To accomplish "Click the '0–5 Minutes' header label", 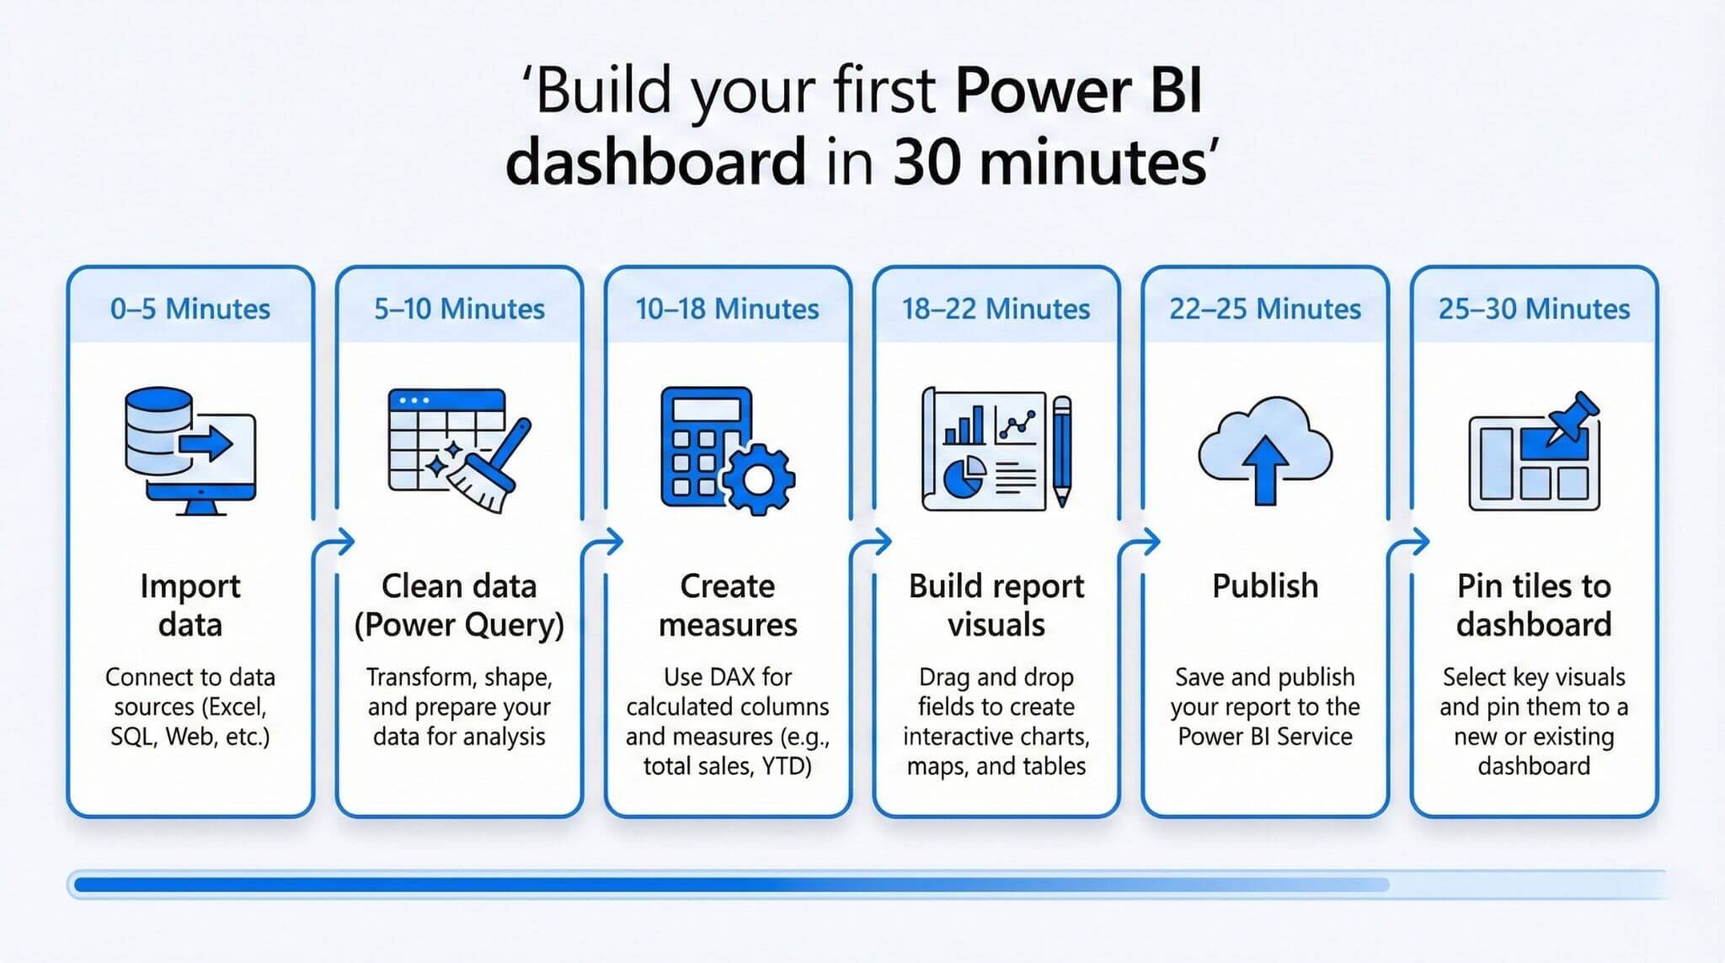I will click(x=190, y=309).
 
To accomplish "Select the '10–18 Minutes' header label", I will click(x=727, y=309).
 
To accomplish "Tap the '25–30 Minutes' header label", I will click(x=1534, y=309).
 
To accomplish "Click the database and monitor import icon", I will click(x=190, y=451).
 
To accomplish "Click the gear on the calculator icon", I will click(x=758, y=479).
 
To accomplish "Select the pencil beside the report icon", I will click(x=1062, y=451).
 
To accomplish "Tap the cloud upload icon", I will click(x=1264, y=451).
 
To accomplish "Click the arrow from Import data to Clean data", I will click(x=342, y=542).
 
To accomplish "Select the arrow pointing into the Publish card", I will click(x=1147, y=542).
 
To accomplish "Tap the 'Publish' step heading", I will click(x=1264, y=586).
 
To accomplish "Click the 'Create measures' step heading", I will click(x=727, y=605).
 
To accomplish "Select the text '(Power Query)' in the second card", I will click(x=459, y=625).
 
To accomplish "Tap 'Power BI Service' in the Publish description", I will click(x=1264, y=736).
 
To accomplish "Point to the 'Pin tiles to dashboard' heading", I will click(x=1534, y=605).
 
